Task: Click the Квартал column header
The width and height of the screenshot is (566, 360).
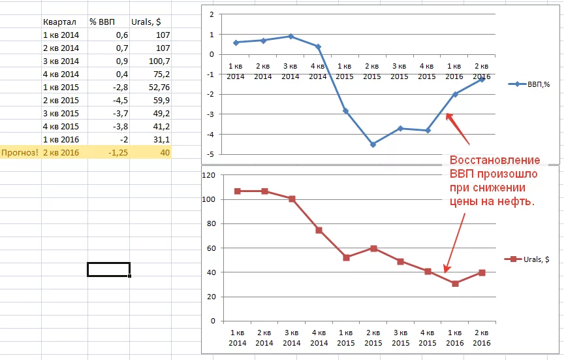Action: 57,22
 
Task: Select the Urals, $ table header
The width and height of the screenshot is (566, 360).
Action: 146,22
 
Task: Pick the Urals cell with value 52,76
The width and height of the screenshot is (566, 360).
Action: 157,88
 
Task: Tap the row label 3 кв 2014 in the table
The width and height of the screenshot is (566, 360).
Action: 60,61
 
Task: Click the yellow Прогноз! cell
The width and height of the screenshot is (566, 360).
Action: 20,153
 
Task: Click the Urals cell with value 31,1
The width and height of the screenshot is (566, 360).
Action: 160,140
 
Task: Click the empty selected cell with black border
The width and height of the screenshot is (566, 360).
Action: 108,269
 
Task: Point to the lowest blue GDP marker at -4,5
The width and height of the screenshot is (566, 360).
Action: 373,144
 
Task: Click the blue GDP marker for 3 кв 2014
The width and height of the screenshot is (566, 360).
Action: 291,37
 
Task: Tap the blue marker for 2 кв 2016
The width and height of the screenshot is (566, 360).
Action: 482,80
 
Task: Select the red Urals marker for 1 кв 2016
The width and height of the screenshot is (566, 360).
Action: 455,284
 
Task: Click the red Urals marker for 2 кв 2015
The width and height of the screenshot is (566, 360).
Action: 373,248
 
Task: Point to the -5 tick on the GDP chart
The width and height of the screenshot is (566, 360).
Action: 212,154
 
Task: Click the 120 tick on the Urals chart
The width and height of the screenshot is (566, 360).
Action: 210,175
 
